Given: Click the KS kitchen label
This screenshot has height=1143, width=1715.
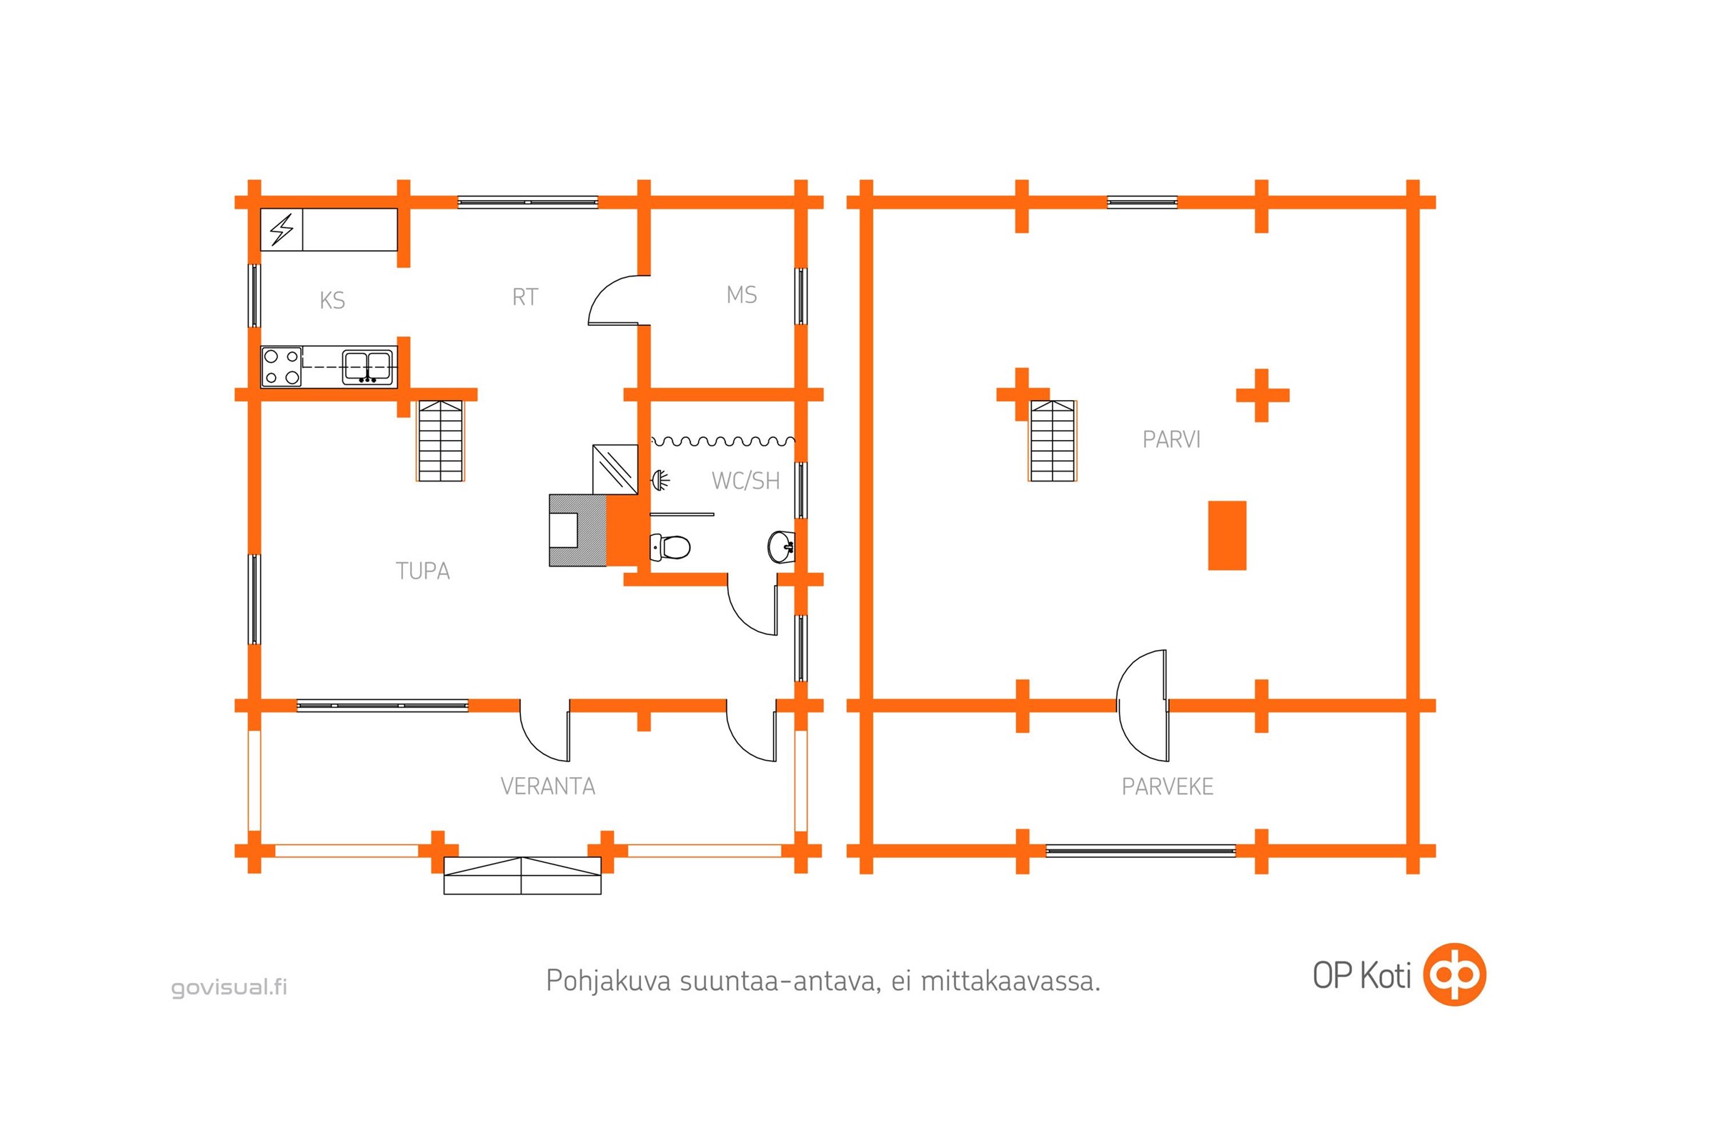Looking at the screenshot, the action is pyautogui.click(x=332, y=300).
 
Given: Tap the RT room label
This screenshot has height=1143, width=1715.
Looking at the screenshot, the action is pyautogui.click(x=525, y=296).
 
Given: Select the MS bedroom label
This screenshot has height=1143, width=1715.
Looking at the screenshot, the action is pyautogui.click(x=742, y=294).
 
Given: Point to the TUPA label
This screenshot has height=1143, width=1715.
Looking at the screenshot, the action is pyautogui.click(x=423, y=570).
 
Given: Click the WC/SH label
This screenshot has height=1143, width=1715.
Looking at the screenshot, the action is pyautogui.click(x=746, y=480).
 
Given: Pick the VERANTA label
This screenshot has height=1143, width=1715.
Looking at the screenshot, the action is pyautogui.click(x=547, y=786).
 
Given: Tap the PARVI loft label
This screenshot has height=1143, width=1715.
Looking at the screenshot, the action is pyautogui.click(x=1171, y=439).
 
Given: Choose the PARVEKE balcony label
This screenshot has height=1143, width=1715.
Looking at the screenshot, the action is pyautogui.click(x=1168, y=787).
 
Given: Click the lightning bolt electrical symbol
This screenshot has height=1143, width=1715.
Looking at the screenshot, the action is pyautogui.click(x=282, y=229).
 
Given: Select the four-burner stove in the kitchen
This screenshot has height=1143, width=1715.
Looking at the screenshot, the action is pyautogui.click(x=282, y=366).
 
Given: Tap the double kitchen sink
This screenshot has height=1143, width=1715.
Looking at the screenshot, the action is pyautogui.click(x=367, y=366).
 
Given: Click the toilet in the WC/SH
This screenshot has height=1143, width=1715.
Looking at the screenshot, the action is pyautogui.click(x=670, y=546).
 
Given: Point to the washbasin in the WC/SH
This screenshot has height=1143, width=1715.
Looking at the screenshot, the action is pyautogui.click(x=781, y=546).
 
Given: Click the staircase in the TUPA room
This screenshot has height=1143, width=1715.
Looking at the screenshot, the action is pyautogui.click(x=439, y=440).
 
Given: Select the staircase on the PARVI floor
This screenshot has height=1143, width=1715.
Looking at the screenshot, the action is pyautogui.click(x=1052, y=440).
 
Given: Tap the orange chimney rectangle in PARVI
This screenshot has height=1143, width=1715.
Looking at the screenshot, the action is pyautogui.click(x=1227, y=535).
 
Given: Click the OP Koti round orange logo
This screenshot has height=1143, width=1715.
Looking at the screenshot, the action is pyautogui.click(x=1456, y=974).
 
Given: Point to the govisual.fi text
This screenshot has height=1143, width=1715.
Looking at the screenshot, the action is pyautogui.click(x=229, y=988).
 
